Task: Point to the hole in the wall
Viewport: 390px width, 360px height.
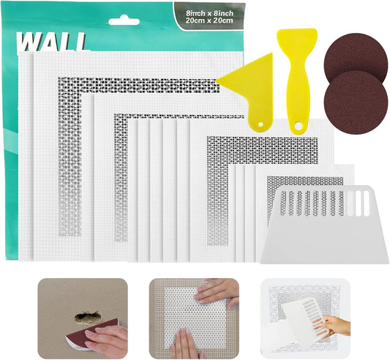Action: [86, 316]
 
